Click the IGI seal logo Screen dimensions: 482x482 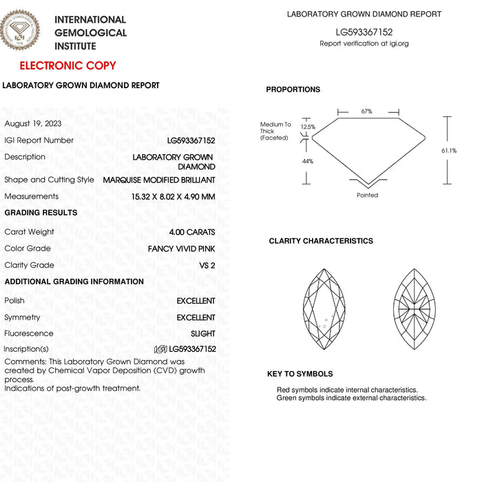click(20, 30)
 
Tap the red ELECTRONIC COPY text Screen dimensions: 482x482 click(67, 66)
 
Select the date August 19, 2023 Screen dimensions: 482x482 click(33, 124)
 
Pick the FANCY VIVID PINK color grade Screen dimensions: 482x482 click(181, 249)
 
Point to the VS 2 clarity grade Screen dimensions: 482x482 click(207, 265)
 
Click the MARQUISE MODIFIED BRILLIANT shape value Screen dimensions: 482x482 click(159, 180)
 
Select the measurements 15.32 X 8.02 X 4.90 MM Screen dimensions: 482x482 click(173, 196)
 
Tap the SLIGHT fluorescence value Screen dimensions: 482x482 click(202, 334)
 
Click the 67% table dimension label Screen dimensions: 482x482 click(366, 111)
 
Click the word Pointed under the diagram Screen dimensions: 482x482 click(367, 196)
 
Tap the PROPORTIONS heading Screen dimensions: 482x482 click(293, 90)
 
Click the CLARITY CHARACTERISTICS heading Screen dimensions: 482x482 click(321, 241)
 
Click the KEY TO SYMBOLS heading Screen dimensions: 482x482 click(300, 374)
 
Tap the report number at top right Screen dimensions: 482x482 click(364, 32)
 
